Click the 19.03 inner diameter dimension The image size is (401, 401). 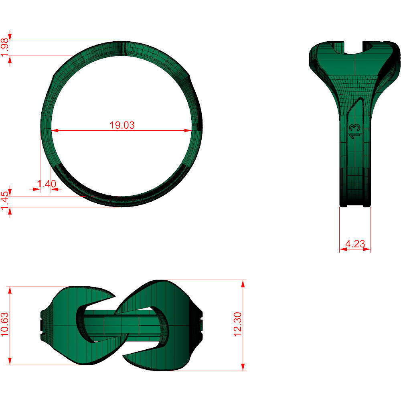[x=122, y=125]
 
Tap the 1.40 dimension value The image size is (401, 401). [x=46, y=184]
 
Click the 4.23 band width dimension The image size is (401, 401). [x=355, y=244]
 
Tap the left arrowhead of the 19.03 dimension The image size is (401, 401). [x=54, y=130]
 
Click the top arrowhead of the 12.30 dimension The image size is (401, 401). [x=243, y=283]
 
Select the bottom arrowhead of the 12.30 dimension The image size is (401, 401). [x=243, y=368]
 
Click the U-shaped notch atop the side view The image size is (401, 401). [x=354, y=47]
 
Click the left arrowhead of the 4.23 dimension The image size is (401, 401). [x=342, y=249]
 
